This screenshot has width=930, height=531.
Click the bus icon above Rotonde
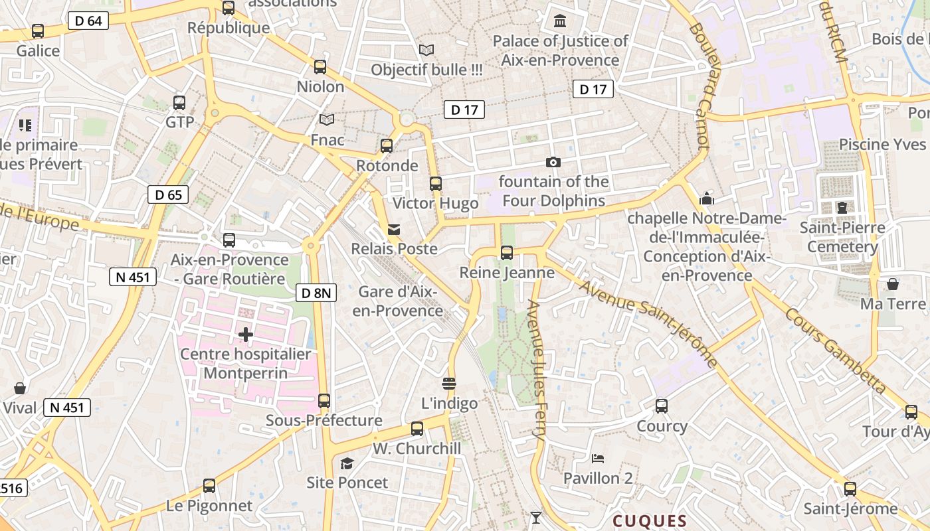(387, 146)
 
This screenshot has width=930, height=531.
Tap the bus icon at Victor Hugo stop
(436, 184)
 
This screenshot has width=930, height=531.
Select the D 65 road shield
(168, 194)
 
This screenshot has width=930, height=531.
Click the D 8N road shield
(316, 292)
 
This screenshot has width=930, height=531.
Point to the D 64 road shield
(88, 21)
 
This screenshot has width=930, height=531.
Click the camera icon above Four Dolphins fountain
(553, 162)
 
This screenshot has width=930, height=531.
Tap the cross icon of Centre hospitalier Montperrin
(246, 335)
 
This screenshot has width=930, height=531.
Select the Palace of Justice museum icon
(560, 21)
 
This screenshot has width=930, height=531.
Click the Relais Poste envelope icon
(394, 230)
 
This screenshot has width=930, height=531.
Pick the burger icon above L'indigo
(449, 384)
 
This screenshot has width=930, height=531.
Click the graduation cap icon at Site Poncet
(347, 463)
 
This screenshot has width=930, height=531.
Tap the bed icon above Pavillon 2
(597, 459)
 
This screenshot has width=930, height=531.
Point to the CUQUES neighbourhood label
(649, 521)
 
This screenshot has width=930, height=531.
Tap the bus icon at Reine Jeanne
(507, 253)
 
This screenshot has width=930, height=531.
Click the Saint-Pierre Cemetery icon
(842, 208)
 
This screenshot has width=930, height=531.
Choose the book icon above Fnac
(327, 120)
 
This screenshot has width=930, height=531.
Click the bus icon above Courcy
(662, 406)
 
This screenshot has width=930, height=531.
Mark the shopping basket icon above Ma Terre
(893, 284)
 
